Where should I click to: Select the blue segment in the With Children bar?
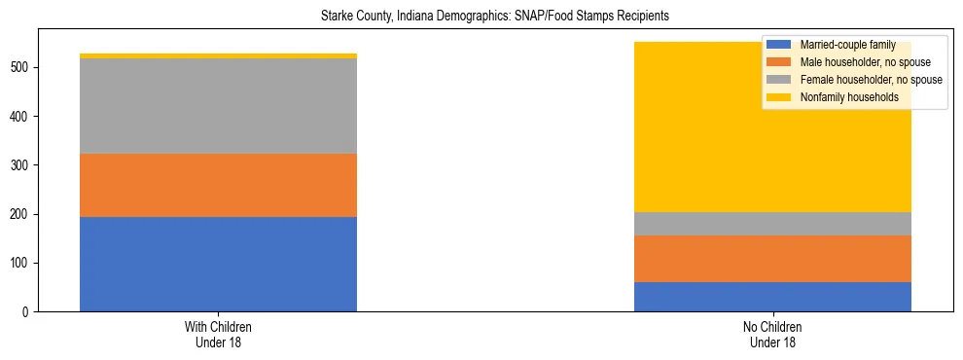pyautogui.click(x=218, y=264)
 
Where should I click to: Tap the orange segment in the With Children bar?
pyautogui.click(x=218, y=185)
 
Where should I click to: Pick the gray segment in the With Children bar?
pyautogui.click(x=218, y=106)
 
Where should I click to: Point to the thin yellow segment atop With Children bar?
pyautogui.click(x=218, y=55)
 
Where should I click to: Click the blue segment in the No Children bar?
pyautogui.click(x=772, y=297)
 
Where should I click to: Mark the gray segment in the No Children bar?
pyautogui.click(x=772, y=224)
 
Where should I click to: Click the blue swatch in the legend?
pyautogui.click(x=779, y=45)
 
